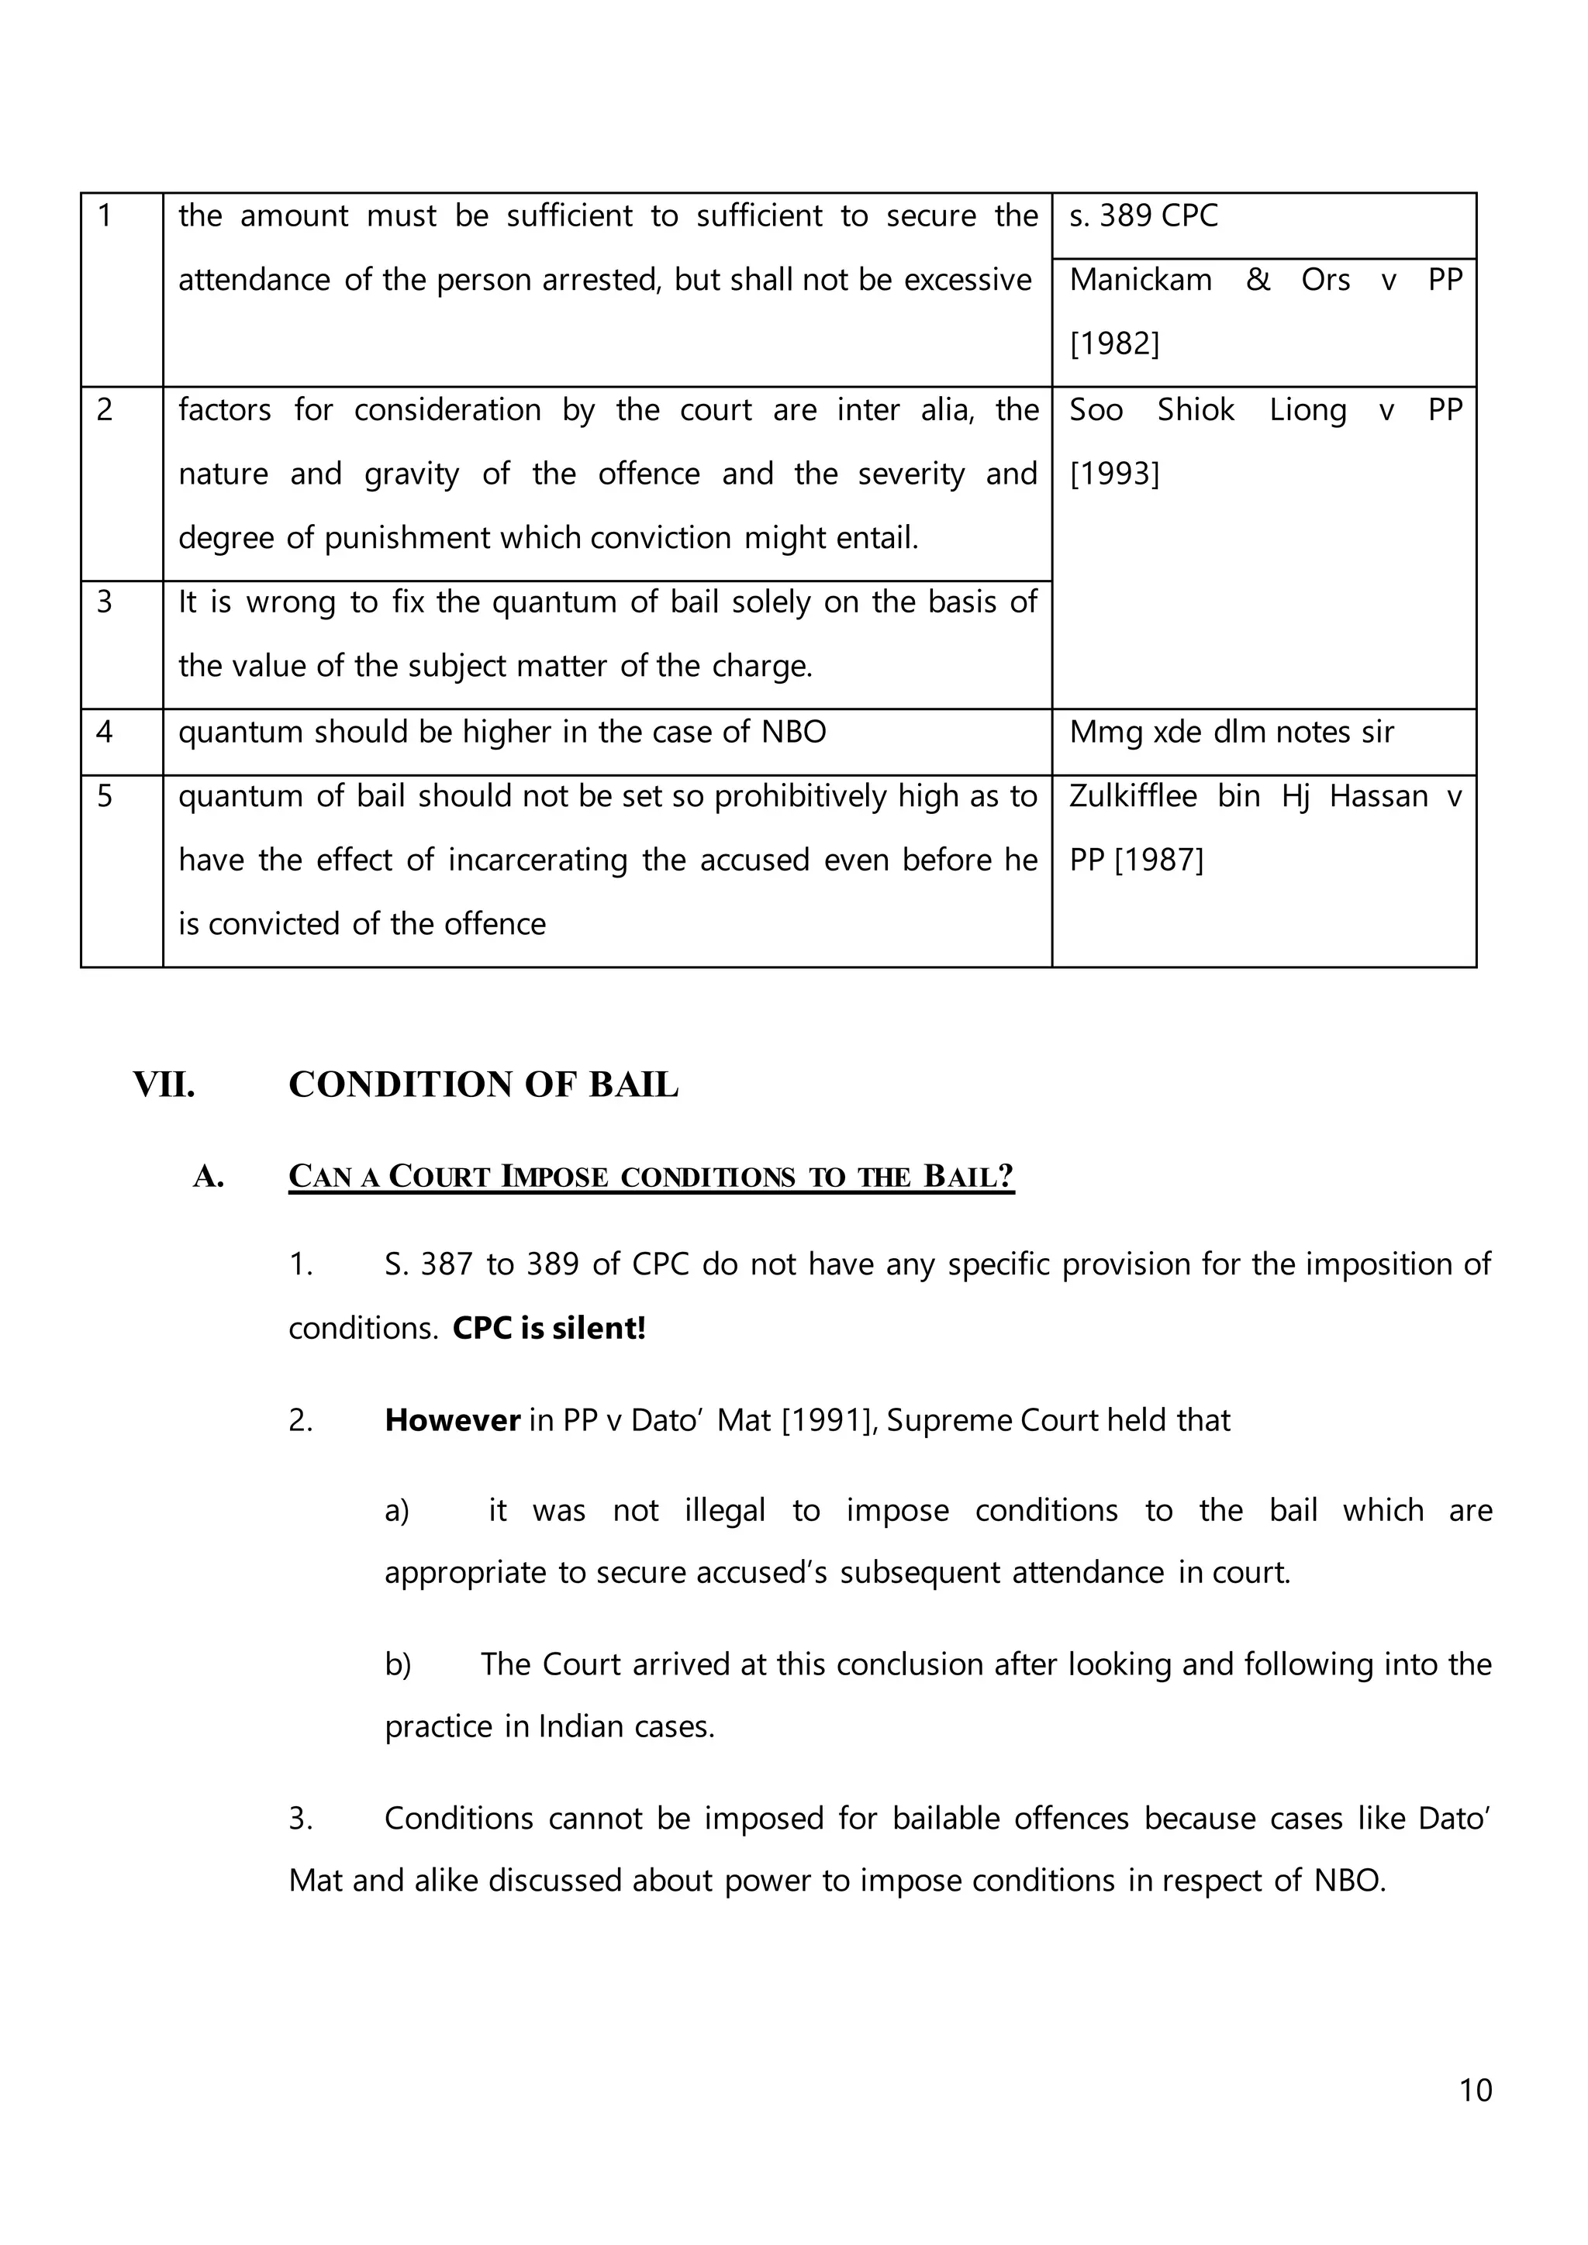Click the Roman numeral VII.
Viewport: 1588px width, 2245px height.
(x=164, y=1085)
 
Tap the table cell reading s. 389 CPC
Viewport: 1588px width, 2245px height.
(x=1143, y=216)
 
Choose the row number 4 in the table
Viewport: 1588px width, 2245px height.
(x=105, y=731)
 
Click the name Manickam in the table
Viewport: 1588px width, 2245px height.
(x=1140, y=280)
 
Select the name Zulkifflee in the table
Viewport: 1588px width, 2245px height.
(x=1132, y=796)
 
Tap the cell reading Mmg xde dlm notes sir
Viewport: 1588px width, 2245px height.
(x=1231, y=731)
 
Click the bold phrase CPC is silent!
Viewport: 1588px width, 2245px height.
(x=548, y=1328)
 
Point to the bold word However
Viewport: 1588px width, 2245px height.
(x=452, y=1419)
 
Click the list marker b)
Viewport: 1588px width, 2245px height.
(x=398, y=1664)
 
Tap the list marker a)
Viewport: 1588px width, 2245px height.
(x=397, y=1511)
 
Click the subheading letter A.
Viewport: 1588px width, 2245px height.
(x=209, y=1176)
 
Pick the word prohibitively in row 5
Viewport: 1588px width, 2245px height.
(x=800, y=796)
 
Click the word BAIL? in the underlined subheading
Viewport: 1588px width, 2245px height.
(x=968, y=1176)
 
